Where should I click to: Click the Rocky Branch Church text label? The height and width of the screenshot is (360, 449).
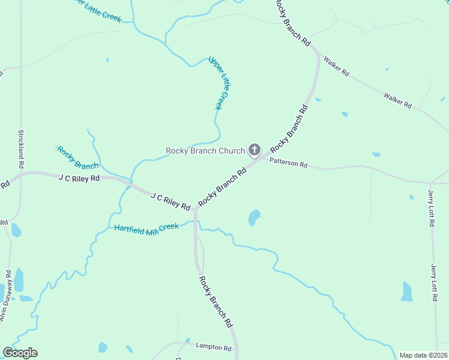click(205, 151)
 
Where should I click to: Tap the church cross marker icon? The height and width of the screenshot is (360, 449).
click(254, 150)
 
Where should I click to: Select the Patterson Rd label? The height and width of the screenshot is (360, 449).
click(288, 163)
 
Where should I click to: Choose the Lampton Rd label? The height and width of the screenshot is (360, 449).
click(214, 347)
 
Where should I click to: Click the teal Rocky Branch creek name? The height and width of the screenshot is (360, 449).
click(77, 157)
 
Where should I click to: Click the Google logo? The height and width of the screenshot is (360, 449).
click(20, 353)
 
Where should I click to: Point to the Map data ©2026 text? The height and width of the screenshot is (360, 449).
click(423, 355)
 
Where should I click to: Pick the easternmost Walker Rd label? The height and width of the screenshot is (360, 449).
click(397, 100)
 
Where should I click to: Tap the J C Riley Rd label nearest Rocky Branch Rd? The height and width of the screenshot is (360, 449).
click(170, 201)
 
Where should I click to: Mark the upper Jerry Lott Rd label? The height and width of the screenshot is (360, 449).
click(431, 208)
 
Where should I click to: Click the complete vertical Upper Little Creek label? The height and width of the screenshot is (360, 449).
click(219, 82)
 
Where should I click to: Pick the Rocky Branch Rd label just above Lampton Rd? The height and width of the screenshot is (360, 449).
click(216, 301)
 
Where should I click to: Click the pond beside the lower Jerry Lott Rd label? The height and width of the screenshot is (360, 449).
click(407, 292)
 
